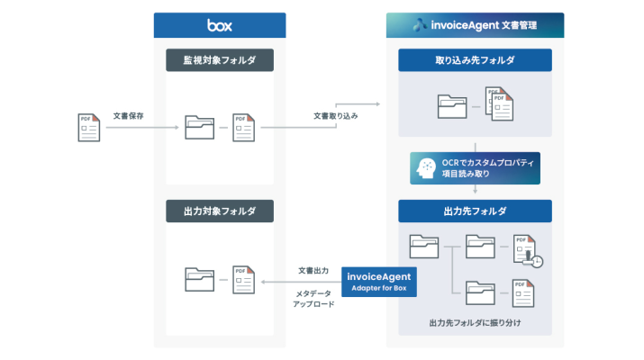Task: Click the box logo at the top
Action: (x=219, y=25)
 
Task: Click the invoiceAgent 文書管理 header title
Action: (x=475, y=25)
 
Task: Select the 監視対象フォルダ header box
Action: (x=220, y=61)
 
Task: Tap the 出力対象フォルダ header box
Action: (x=220, y=212)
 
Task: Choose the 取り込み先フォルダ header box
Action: (x=475, y=61)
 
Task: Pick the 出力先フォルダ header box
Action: (x=475, y=211)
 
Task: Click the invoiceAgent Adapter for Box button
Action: (x=379, y=281)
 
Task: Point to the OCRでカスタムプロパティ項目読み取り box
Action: (x=475, y=167)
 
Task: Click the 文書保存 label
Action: (x=129, y=116)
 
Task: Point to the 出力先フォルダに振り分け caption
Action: (x=475, y=321)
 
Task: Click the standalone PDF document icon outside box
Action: (x=88, y=127)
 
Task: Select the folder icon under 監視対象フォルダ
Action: (x=200, y=127)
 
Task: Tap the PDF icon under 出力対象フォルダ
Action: (x=241, y=280)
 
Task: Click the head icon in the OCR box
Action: (x=424, y=167)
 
